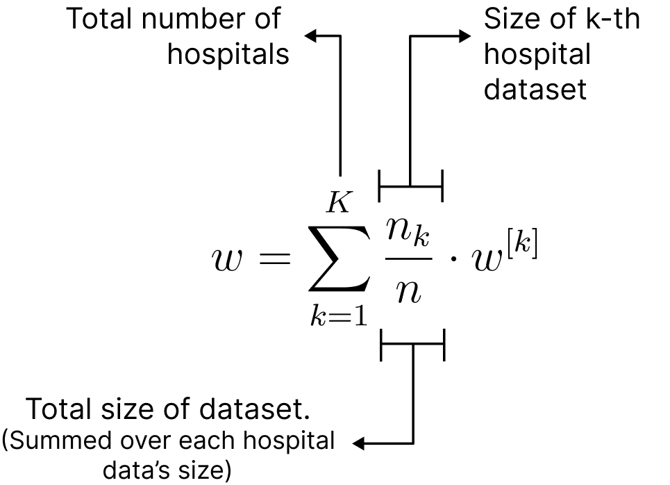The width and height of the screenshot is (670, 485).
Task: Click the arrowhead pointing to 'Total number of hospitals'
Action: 310,36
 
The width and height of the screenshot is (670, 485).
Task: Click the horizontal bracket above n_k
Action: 410,186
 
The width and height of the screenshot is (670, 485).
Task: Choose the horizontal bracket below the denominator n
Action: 412,345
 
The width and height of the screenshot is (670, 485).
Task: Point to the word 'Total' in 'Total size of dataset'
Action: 60,411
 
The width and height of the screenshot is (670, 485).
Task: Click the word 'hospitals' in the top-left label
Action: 228,54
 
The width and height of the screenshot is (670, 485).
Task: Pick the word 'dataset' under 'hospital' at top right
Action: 535,90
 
